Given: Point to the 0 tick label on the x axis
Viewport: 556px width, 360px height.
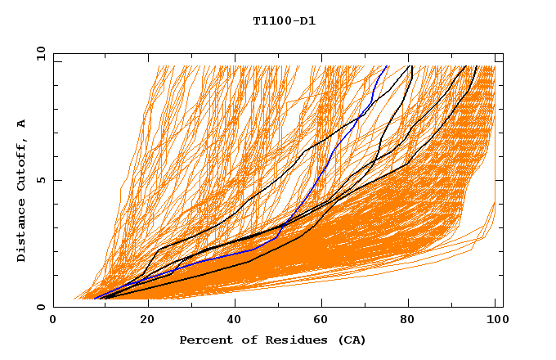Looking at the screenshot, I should tap(53, 321).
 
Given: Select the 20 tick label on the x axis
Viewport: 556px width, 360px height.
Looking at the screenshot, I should tap(142, 321).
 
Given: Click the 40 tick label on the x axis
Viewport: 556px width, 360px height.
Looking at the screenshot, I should tap(231, 321).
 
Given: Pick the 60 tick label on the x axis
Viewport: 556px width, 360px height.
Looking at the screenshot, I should tap(319, 321).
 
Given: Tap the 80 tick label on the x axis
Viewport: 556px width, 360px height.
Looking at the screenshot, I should tap(407, 321).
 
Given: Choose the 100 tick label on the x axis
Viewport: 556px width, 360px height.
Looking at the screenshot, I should tap(495, 321).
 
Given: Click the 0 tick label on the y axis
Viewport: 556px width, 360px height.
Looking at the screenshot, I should tap(42, 308).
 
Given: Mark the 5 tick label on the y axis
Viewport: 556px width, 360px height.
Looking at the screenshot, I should tap(42, 180).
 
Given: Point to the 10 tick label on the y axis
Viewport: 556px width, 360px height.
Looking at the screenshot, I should tap(39, 53).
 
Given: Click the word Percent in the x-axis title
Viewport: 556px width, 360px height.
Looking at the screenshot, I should tap(205, 340).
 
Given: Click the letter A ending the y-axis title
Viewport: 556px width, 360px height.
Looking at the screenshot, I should tap(22, 124).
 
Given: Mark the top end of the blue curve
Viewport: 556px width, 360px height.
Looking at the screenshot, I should tap(387, 66).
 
